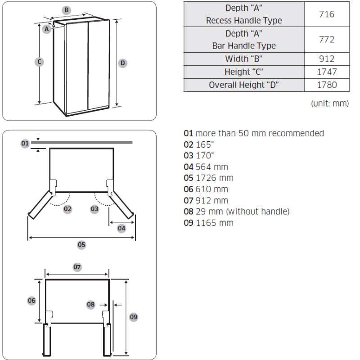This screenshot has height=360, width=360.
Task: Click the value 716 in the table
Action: (x=327, y=14)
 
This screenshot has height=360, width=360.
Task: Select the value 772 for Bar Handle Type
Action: (x=327, y=40)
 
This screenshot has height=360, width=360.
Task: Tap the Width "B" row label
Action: (x=243, y=59)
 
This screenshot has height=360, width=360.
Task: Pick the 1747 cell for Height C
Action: (x=327, y=72)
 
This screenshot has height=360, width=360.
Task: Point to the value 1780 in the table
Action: (x=327, y=85)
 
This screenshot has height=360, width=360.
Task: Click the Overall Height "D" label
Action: (x=243, y=85)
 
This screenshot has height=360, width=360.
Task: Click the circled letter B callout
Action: (x=66, y=10)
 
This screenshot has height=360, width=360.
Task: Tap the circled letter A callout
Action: (x=47, y=29)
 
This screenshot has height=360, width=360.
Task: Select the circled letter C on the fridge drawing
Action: (x=39, y=62)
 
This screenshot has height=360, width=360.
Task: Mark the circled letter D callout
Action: (x=122, y=63)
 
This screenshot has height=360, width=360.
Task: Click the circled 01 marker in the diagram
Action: (x=25, y=144)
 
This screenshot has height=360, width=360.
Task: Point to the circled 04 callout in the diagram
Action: (x=121, y=229)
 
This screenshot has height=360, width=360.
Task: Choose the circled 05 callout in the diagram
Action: (x=81, y=245)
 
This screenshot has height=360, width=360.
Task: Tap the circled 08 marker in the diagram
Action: (x=91, y=305)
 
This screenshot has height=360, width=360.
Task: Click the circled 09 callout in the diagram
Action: (x=134, y=317)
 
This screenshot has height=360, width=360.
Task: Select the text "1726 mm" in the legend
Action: (x=215, y=178)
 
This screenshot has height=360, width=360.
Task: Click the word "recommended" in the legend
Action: (x=296, y=133)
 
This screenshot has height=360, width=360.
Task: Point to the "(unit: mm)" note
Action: (x=330, y=103)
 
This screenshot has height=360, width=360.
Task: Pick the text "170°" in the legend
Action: (x=205, y=156)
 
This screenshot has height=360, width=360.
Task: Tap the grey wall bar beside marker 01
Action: (x=82, y=142)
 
